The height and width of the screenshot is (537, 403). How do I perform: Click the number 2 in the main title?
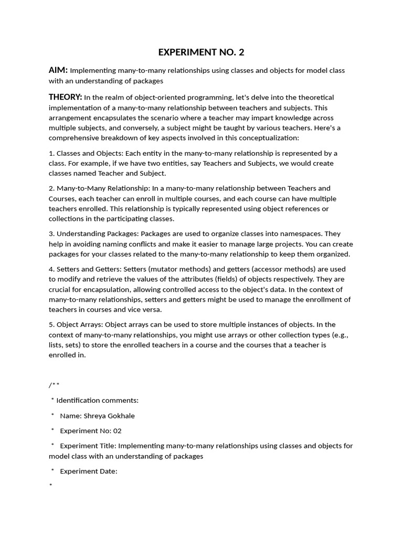tap(241, 52)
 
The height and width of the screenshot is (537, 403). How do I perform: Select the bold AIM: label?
tap(58, 70)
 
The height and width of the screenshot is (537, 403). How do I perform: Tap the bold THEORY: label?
tap(66, 97)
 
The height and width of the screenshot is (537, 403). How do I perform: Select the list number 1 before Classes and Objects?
tap(51, 153)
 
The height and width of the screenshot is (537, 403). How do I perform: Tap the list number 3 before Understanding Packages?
tap(51, 234)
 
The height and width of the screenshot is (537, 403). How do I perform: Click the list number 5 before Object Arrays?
tap(51, 325)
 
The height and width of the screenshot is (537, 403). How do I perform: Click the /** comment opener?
tap(54, 385)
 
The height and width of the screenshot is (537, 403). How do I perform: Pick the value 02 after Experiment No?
tap(117, 431)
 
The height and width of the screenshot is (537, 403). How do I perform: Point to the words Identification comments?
tap(97, 401)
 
